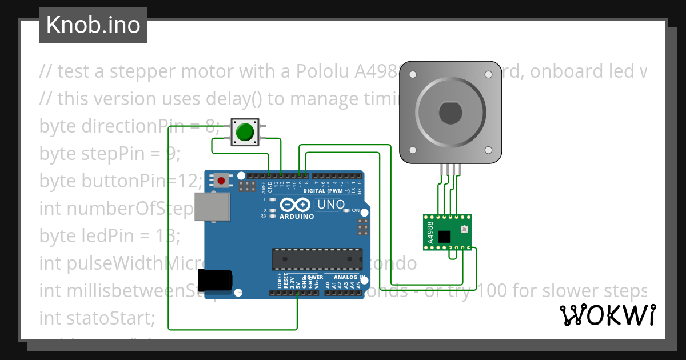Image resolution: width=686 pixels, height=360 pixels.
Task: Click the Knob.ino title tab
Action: point(93,25)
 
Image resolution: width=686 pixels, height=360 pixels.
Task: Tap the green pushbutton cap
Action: point(245,132)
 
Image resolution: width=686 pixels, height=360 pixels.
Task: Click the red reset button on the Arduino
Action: point(221,181)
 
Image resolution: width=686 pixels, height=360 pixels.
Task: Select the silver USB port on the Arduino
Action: point(212,207)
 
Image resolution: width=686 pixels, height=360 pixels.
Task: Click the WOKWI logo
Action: point(607,315)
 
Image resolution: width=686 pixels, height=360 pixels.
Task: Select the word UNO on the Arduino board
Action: point(331,205)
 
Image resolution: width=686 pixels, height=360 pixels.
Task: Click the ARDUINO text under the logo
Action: point(296,217)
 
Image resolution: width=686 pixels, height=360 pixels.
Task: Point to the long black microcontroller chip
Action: point(317,258)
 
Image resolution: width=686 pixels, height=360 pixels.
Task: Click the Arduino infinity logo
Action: point(296,205)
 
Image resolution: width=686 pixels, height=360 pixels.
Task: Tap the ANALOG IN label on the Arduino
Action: point(345,277)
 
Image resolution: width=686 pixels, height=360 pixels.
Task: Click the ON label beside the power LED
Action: point(356,211)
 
